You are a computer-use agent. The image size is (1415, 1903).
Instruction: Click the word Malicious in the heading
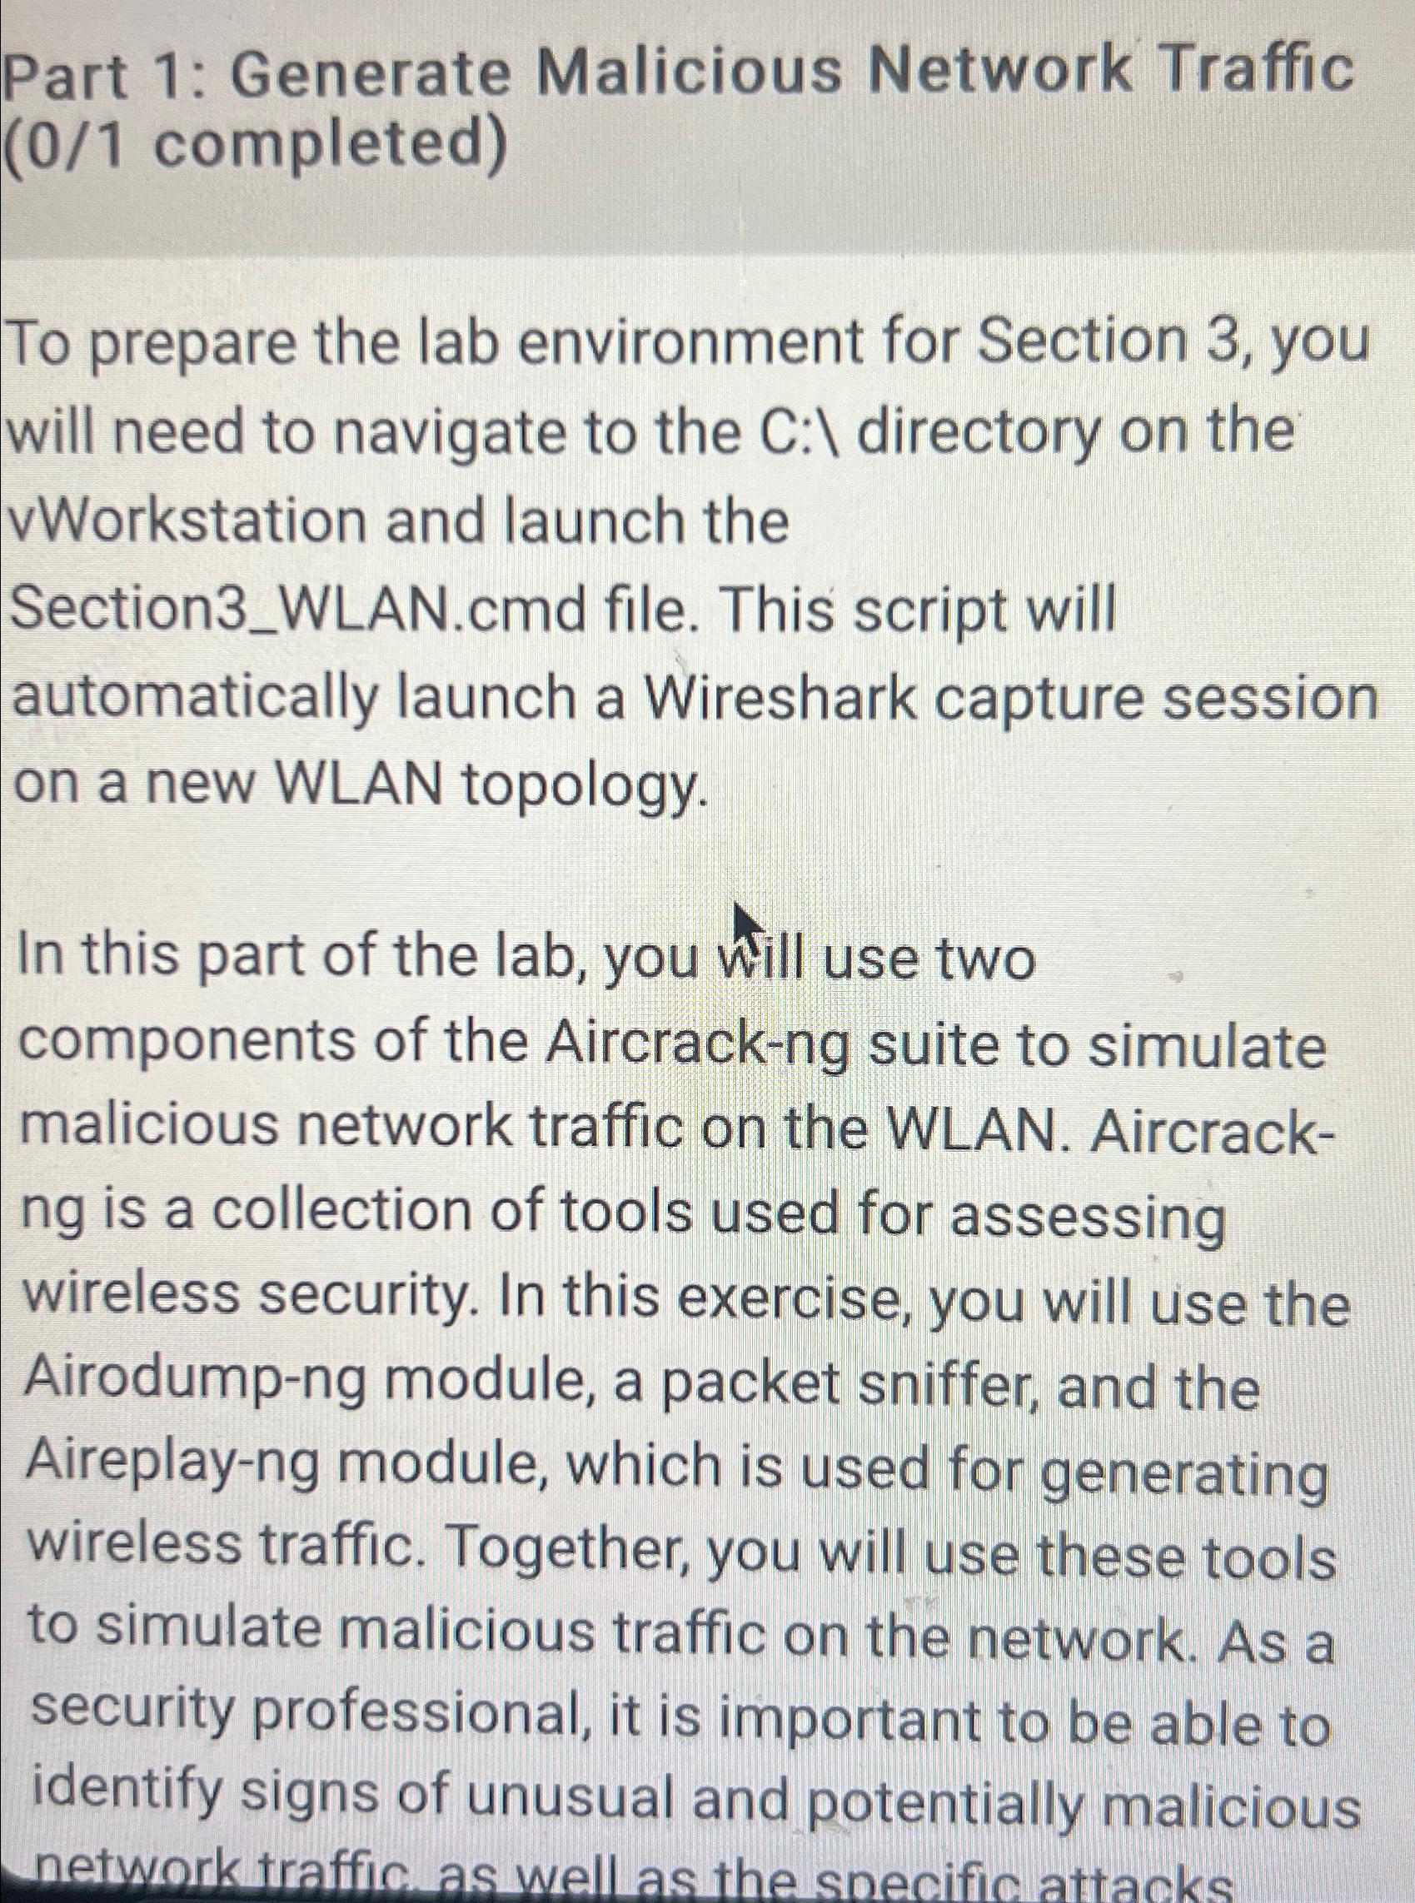[x=689, y=72]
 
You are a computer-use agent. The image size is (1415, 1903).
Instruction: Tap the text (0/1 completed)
[x=257, y=147]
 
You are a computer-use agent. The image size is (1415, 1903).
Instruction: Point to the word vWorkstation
[x=188, y=521]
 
